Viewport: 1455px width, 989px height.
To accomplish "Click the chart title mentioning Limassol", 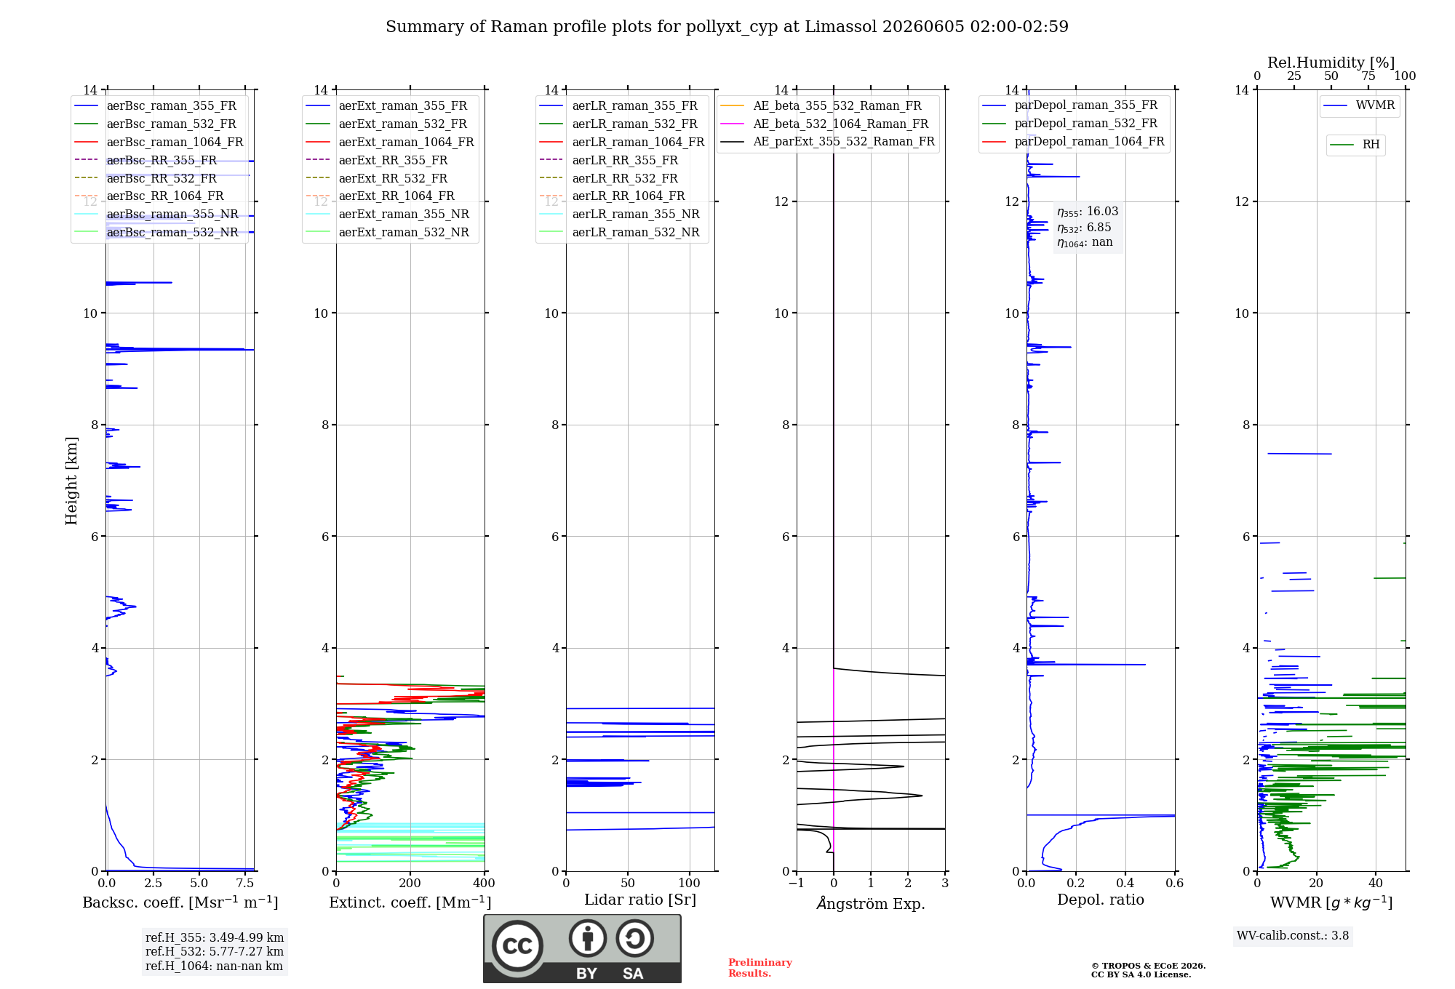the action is [x=727, y=27].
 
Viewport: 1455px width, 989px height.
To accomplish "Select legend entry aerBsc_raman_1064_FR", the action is [x=175, y=142].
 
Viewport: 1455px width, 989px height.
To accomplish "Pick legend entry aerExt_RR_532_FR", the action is [x=393, y=178].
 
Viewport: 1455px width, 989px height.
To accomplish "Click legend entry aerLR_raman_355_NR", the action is [x=636, y=214].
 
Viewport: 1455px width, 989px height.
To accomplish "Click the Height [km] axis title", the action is [x=71, y=481].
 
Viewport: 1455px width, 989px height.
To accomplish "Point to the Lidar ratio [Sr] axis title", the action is [x=640, y=900].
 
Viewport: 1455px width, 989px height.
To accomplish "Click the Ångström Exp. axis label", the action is [x=871, y=903].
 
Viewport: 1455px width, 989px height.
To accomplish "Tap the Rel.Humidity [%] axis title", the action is [x=1331, y=63].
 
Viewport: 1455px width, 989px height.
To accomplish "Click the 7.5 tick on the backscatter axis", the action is [x=245, y=884].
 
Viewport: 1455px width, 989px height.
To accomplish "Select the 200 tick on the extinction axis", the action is [x=410, y=884].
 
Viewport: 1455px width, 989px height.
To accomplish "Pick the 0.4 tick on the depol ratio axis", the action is [x=1125, y=884].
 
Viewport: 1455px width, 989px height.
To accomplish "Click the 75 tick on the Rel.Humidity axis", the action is [x=1368, y=76].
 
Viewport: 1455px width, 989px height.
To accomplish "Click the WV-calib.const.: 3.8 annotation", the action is [x=1293, y=936].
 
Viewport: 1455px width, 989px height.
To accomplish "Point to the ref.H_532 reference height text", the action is [x=215, y=951].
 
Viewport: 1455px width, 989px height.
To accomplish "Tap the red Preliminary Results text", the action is [x=760, y=968].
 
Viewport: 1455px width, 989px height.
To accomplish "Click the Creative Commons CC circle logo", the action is [x=517, y=945].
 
